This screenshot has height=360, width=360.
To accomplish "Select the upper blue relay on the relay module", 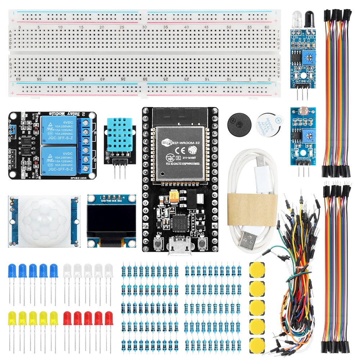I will pyautogui.click(x=59, y=127).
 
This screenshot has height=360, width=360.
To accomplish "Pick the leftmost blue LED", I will pyautogui.click(x=12, y=270).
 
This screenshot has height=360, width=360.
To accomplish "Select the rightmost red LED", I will pyautogui.click(x=108, y=318).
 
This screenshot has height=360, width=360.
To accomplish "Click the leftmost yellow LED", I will pyautogui.click(x=12, y=318).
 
